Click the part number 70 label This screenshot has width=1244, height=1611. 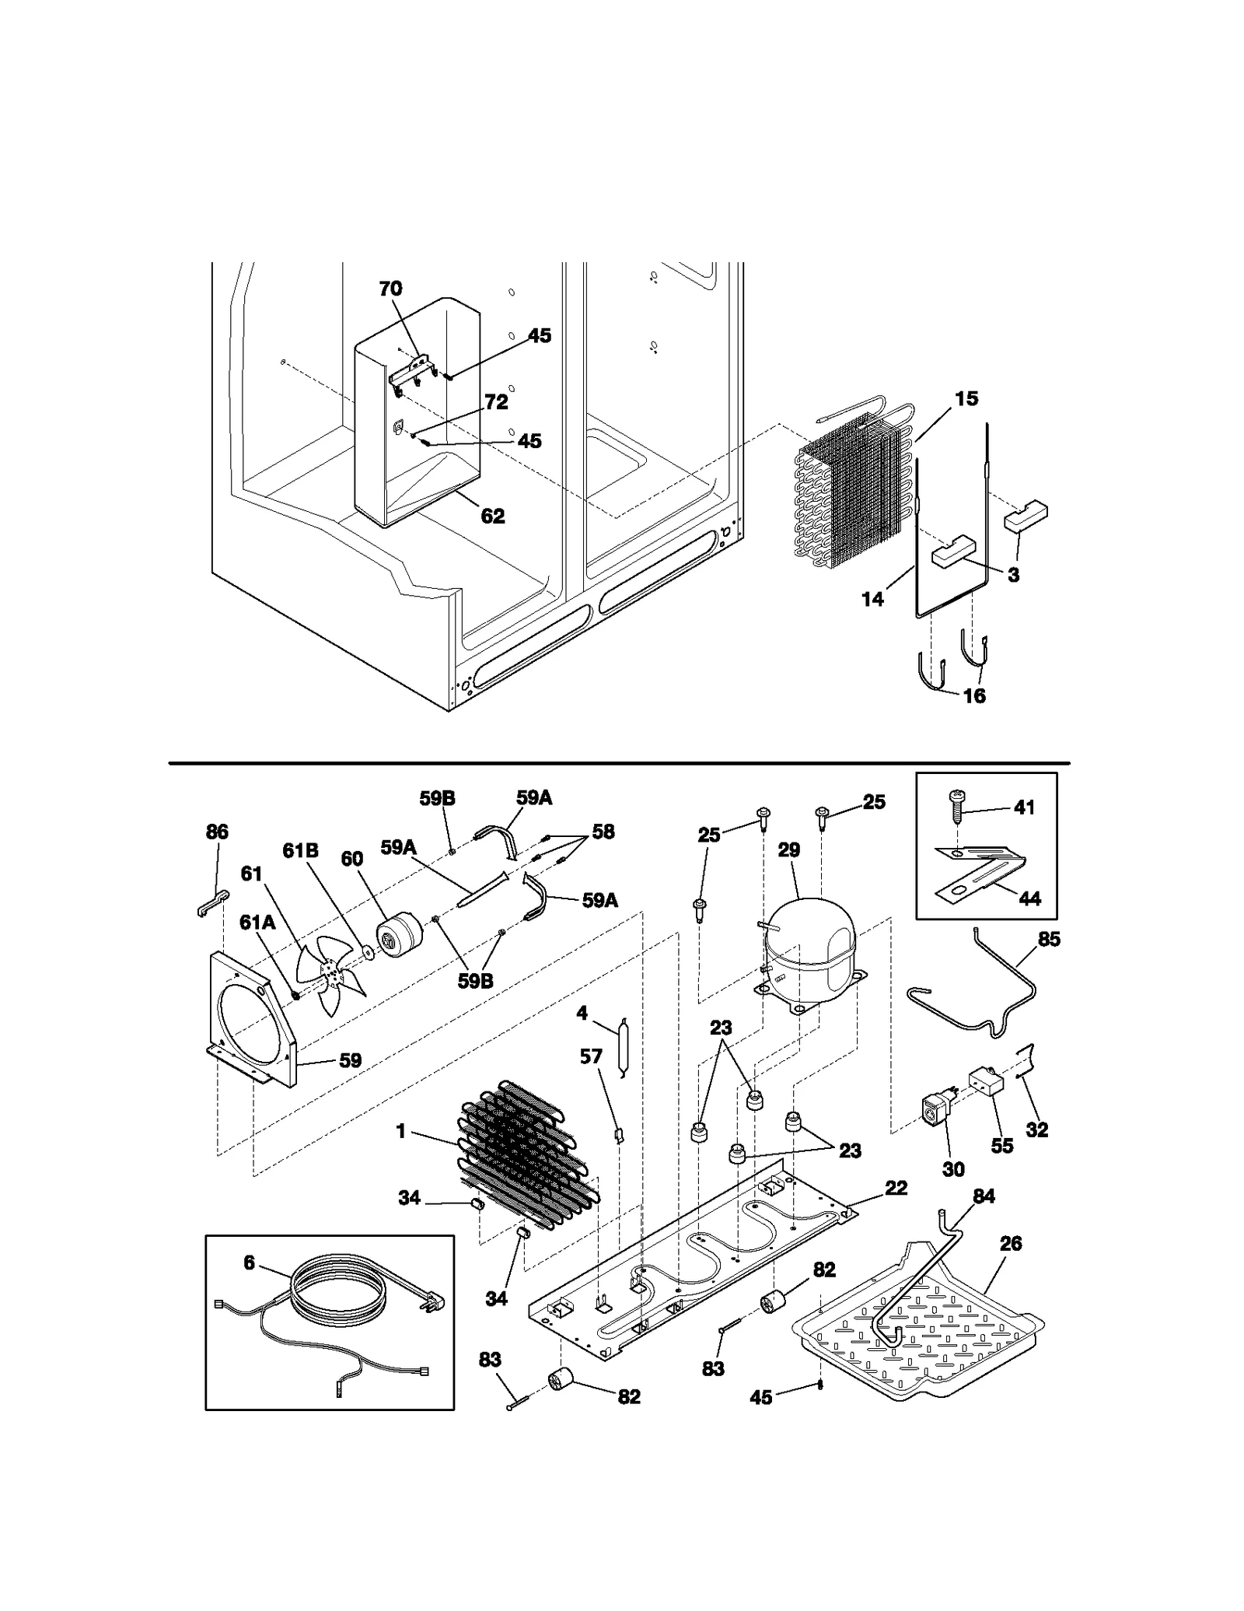pyautogui.click(x=390, y=289)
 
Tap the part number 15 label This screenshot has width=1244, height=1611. pyautogui.click(x=966, y=399)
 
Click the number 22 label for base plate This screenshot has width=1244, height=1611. pyautogui.click(x=896, y=1188)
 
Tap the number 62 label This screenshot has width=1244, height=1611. pyautogui.click(x=493, y=516)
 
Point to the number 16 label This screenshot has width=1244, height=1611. pyautogui.click(x=974, y=695)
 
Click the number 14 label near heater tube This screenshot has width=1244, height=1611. pyautogui.click(x=873, y=599)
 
